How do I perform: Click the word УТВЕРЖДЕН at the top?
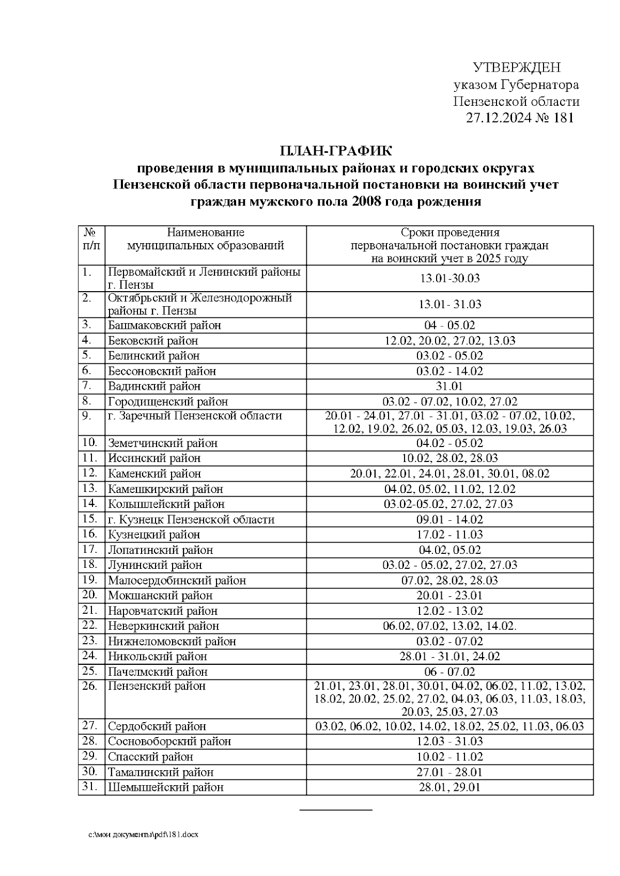517,68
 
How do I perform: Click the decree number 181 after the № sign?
563,118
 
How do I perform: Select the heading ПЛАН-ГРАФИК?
336,151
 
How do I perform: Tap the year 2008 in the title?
367,202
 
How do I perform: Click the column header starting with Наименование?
205,239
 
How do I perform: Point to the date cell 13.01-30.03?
450,278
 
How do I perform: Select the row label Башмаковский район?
164,325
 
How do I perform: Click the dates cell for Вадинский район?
450,386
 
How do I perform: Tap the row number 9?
86,416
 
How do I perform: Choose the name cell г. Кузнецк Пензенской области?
191,519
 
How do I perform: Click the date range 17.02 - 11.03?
450,535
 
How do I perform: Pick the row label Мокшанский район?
160,596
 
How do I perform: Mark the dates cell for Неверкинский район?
450,626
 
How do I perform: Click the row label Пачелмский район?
158,672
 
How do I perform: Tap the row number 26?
90,686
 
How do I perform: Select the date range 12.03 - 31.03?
450,742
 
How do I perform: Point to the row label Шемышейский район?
165,788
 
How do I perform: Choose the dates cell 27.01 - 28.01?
450,772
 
